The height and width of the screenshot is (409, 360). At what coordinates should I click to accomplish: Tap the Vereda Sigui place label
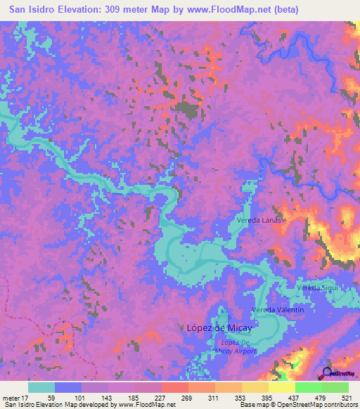[318, 288]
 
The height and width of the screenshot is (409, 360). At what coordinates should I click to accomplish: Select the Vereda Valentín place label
[278, 309]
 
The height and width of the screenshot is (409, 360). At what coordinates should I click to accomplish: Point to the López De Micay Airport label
[236, 346]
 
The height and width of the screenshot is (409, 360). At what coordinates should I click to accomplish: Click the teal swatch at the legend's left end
[41, 387]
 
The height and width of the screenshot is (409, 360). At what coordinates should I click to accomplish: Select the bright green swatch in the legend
[309, 387]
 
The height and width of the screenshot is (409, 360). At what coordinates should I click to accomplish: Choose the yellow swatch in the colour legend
[282, 387]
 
